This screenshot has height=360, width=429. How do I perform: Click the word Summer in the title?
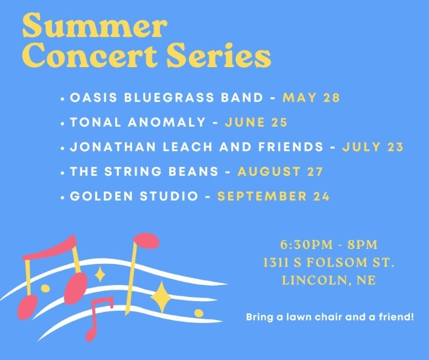coord(95,26)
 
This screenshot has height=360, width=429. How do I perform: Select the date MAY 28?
coord(311,98)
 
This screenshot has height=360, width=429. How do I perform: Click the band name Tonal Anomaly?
coord(137,122)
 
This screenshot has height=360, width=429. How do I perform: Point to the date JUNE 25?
coord(256,122)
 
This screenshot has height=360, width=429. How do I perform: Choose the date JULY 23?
coord(373,146)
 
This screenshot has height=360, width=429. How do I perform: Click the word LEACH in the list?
coord(188,146)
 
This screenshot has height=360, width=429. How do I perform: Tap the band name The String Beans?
coord(144,172)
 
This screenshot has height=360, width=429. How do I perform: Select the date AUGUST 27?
coord(280,172)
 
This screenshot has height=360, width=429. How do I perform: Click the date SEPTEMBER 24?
coord(274,196)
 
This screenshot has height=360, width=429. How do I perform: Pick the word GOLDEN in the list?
coord(101,196)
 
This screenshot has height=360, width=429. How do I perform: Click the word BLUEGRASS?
coord(169,98)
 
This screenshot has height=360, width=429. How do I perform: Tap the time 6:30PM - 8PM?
coord(329,244)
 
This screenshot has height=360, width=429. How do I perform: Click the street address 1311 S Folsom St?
coord(329,262)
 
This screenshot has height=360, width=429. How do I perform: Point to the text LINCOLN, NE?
coord(329,280)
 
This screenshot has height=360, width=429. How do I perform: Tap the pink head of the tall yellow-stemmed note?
coord(146,241)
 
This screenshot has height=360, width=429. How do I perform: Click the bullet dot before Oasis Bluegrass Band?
coord(62,99)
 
